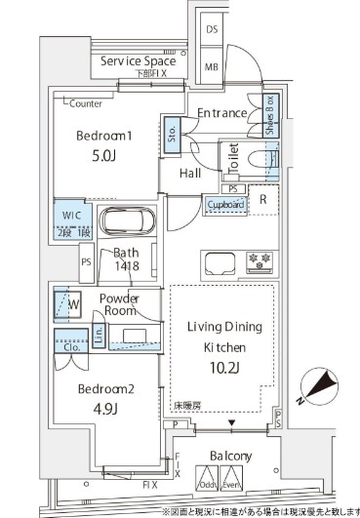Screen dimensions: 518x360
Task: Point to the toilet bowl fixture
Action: (x=261, y=160)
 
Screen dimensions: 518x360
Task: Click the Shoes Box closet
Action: (x=269, y=115)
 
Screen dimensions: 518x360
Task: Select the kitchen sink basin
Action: (x=217, y=262)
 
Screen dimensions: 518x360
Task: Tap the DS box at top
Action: (x=212, y=30)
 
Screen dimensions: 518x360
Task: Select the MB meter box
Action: (x=212, y=67)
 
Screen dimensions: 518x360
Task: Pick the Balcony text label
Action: (x=230, y=456)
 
